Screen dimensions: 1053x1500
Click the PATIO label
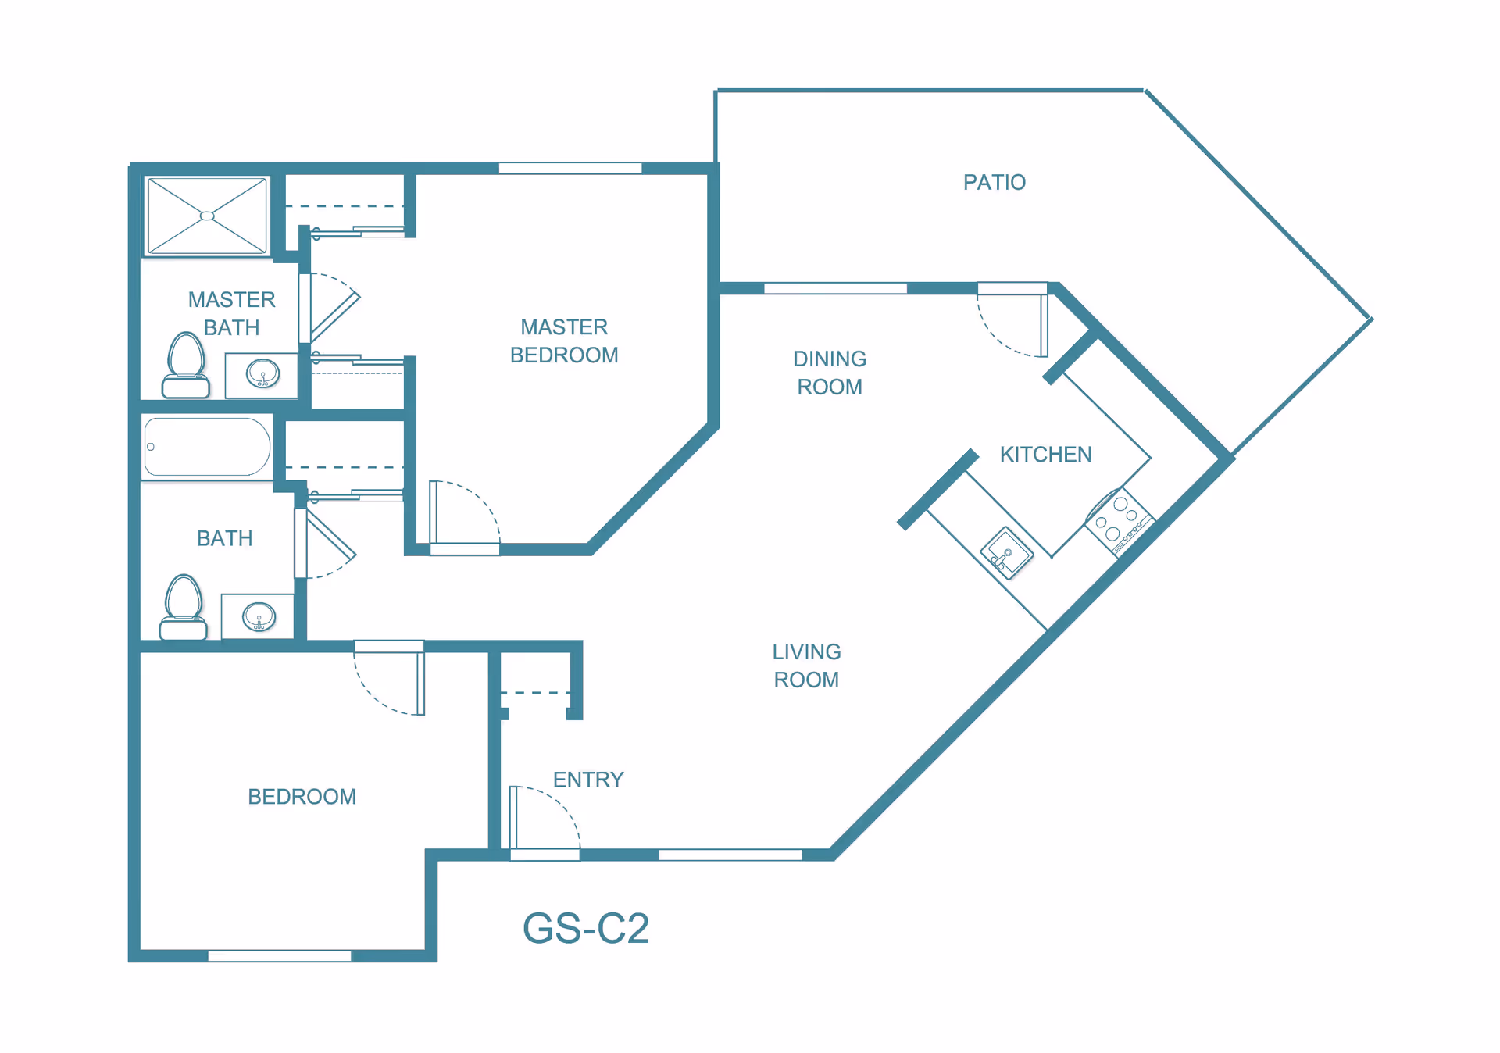[x=994, y=182]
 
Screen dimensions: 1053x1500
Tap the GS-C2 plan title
[x=585, y=928]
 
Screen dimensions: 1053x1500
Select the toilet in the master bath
[x=186, y=366]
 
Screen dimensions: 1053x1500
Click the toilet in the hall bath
[x=184, y=608]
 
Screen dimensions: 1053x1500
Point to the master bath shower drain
[x=207, y=216]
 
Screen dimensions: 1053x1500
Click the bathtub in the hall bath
[x=207, y=447]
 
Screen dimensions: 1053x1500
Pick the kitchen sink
[x=1007, y=552]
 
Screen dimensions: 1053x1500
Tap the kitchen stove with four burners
[x=1118, y=520]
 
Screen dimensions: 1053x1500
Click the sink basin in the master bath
[x=262, y=373]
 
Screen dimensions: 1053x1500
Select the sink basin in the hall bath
[x=259, y=616]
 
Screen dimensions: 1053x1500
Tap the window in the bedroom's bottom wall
[x=280, y=955]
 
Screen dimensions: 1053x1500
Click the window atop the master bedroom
[x=570, y=168]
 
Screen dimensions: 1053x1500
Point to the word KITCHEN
[x=1045, y=455]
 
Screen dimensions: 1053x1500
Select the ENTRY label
[x=588, y=780]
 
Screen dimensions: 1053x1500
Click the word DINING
[x=830, y=359]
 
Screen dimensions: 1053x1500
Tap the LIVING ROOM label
[x=806, y=666]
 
